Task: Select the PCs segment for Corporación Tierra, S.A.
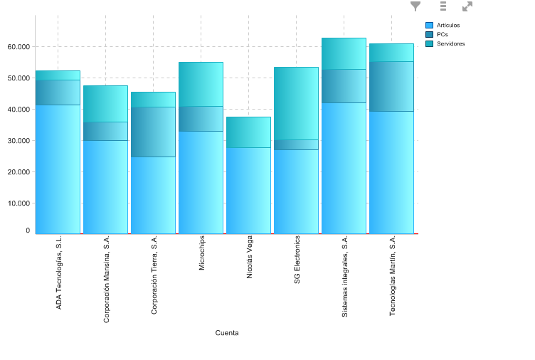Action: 153,132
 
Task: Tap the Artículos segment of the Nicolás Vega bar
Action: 248,190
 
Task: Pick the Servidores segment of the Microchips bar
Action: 201,84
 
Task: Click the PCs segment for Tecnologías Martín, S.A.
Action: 391,86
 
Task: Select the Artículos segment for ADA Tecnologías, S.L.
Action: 58,169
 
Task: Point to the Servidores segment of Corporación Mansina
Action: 105,104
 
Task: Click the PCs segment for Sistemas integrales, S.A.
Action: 344,86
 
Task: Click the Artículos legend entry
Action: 447,26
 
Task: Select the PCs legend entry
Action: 442,35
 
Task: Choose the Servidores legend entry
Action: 450,44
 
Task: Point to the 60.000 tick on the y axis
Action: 18,47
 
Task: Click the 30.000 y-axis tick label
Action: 18,141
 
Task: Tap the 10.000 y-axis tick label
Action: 18,203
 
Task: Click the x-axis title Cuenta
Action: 227,333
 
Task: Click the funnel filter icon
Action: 415,6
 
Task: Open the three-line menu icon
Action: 443,6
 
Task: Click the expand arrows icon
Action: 467,6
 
